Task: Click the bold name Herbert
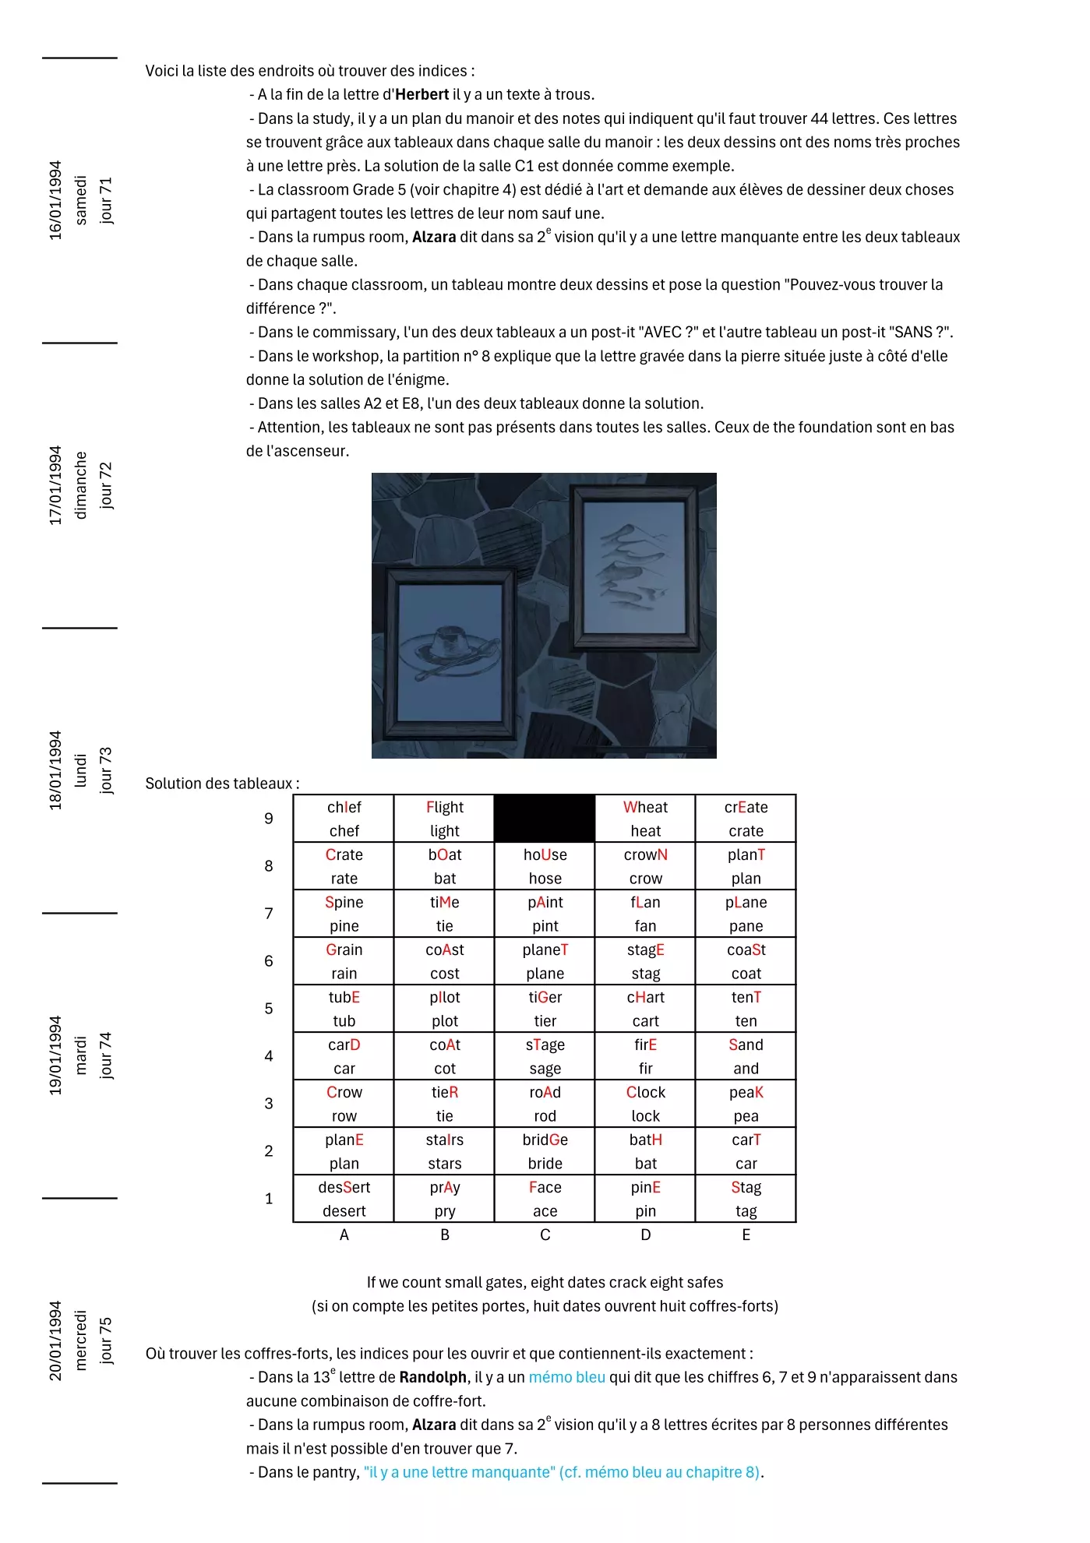pos(422,95)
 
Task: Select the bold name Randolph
pos(432,1377)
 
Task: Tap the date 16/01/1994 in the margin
pos(55,200)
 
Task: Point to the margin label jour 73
pos(106,770)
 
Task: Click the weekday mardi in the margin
pos(81,1055)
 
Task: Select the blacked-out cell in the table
pos(545,818)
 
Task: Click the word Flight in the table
pos(444,807)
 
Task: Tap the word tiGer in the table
pos(545,997)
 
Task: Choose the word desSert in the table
pos(344,1187)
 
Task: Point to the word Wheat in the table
pos(645,807)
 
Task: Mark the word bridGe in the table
pos(545,1140)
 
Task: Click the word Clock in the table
pos(645,1092)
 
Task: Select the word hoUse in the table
pos(545,854)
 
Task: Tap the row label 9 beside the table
pos(269,819)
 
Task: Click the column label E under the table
pos(746,1235)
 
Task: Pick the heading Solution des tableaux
pos(221,784)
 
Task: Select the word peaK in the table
pos(746,1092)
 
